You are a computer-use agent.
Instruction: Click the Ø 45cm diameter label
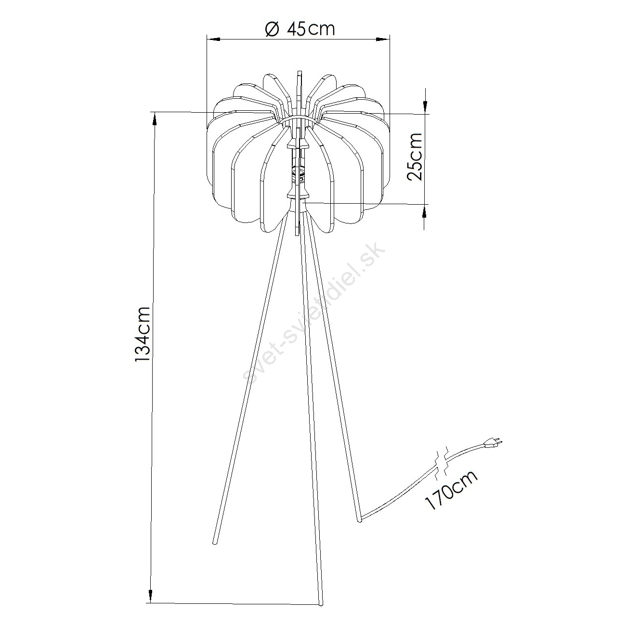click(300, 29)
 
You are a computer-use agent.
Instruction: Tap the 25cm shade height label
click(414, 156)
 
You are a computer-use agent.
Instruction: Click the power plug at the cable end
click(494, 443)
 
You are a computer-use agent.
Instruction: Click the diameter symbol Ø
click(272, 29)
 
